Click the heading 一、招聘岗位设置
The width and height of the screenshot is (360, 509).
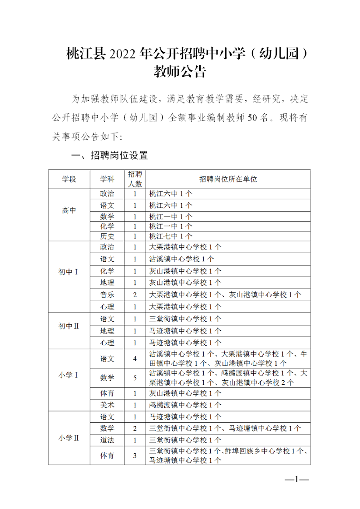[110, 156]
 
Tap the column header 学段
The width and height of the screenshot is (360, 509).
[69, 179]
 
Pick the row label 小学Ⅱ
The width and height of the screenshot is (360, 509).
[69, 438]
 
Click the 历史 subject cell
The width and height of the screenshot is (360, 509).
[108, 236]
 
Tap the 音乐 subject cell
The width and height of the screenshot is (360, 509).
[108, 295]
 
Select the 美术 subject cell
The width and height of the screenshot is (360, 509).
[108, 405]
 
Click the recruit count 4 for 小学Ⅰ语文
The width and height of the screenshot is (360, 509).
[135, 359]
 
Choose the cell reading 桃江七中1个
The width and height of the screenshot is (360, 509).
[171, 236]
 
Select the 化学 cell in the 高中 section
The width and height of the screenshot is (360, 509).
[108, 226]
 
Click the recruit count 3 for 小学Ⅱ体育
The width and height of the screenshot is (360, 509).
[135, 456]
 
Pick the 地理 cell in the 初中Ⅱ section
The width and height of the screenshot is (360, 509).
[108, 331]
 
